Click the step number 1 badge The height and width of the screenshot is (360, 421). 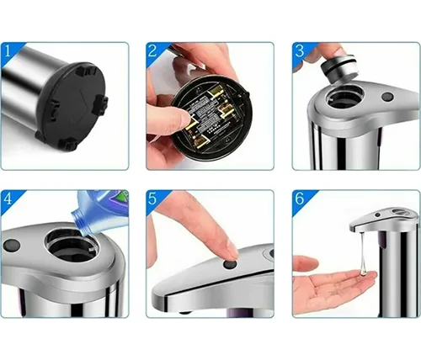point(8,51)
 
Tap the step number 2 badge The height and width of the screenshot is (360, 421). point(153,51)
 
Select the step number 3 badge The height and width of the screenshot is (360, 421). point(300,51)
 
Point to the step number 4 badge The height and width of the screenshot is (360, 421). point(8,199)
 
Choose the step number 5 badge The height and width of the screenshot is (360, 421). point(153,199)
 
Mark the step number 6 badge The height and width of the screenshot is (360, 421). point(300,199)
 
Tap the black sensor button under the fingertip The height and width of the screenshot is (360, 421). point(228,264)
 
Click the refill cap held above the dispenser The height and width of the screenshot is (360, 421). point(339,68)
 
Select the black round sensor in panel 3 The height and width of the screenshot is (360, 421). point(387,97)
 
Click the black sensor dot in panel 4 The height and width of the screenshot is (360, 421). point(12,246)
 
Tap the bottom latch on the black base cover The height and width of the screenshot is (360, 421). point(67,144)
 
